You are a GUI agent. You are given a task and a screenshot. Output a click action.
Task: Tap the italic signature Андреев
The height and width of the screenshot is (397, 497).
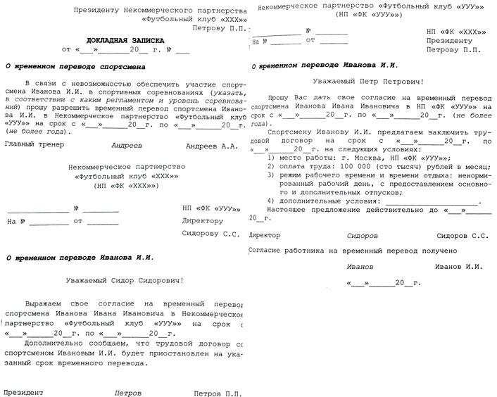point(126,144)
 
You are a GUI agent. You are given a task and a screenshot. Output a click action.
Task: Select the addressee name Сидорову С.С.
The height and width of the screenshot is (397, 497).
point(211,232)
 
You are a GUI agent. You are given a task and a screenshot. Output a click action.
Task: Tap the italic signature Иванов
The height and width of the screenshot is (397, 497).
point(360,266)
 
